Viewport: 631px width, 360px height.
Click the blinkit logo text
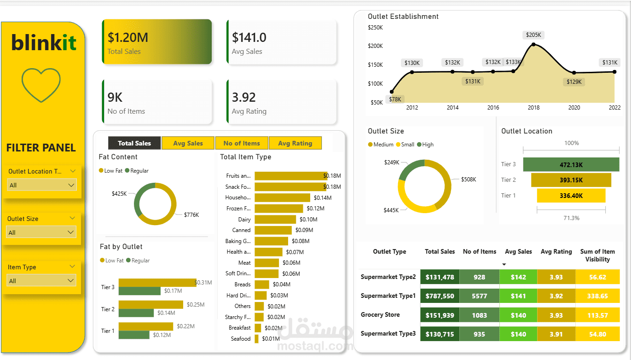[44, 43]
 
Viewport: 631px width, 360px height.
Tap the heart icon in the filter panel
[41, 85]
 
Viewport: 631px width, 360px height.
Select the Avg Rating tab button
[295, 143]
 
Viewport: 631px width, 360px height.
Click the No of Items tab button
[242, 143]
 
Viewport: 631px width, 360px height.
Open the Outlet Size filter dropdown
[41, 232]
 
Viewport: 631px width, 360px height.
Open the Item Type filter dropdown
[41, 281]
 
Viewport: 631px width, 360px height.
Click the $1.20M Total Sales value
[128, 37]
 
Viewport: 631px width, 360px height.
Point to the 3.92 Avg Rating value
[244, 97]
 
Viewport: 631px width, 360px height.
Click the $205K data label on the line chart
[534, 35]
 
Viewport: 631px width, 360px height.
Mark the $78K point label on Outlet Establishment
[395, 99]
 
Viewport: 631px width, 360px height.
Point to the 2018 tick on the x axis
[533, 108]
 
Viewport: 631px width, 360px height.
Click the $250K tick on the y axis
[375, 28]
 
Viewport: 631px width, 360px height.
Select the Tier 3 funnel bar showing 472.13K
[571, 164]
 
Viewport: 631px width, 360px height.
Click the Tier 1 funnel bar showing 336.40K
[571, 196]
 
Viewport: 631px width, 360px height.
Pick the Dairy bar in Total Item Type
[275, 220]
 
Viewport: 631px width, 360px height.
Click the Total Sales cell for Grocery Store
[440, 315]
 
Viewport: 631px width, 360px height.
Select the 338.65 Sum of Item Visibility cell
[597, 296]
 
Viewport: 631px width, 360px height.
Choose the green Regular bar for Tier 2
[136, 313]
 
